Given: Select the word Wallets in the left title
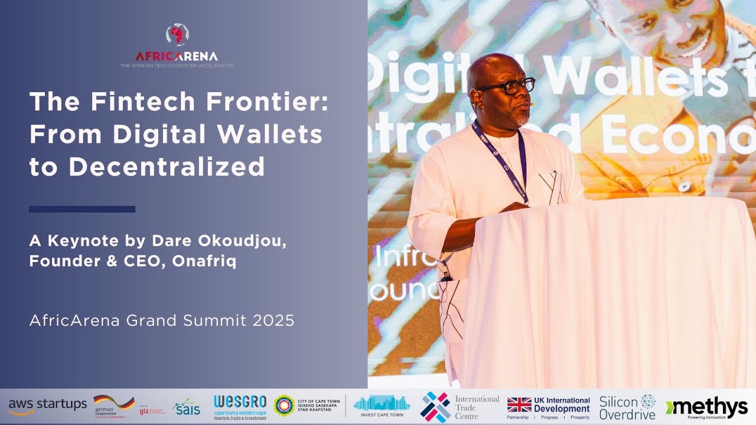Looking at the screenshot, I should (276, 135).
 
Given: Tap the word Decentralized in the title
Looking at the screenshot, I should (167, 167).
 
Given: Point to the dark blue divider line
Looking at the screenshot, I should (82, 209).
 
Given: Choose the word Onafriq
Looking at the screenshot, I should (204, 261).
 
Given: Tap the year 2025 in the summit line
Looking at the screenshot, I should (273, 321).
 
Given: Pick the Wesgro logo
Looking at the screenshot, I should (240, 406).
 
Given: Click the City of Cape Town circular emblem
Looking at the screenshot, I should (284, 406).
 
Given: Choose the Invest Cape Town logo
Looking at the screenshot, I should (382, 406).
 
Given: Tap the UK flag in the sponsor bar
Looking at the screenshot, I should (519, 405).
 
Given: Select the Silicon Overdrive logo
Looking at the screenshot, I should (627, 406).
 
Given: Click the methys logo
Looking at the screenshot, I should (706, 406).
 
